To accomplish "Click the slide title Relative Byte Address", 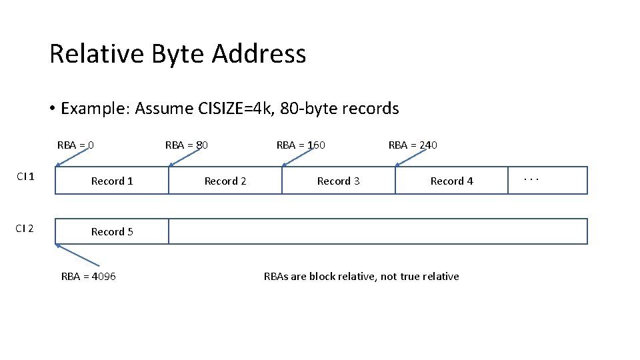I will click(177, 54).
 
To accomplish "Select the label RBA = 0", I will click(75, 145).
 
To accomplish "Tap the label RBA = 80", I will click(187, 145).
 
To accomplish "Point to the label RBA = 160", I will click(301, 145).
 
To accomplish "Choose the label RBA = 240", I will click(413, 145).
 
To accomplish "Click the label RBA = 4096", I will click(88, 277).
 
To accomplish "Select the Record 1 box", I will click(112, 181).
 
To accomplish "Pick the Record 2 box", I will click(225, 181).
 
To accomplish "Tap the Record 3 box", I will click(339, 181).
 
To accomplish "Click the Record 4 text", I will click(451, 181).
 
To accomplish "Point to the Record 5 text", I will click(112, 232).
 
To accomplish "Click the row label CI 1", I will click(26, 177).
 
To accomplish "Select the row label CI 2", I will click(26, 229).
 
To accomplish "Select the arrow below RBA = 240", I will click(411, 157).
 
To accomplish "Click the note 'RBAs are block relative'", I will click(361, 277).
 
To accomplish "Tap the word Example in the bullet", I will click(95, 109).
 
